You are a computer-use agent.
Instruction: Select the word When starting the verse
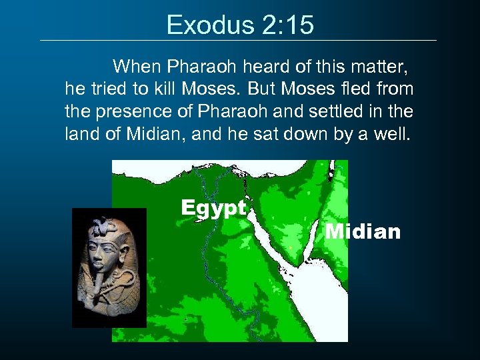click(137, 67)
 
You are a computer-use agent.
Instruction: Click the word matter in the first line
click(380, 67)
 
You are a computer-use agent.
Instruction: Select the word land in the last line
click(79, 134)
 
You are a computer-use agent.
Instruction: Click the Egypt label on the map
click(213, 207)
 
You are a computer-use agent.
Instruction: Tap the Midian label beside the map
click(363, 231)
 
